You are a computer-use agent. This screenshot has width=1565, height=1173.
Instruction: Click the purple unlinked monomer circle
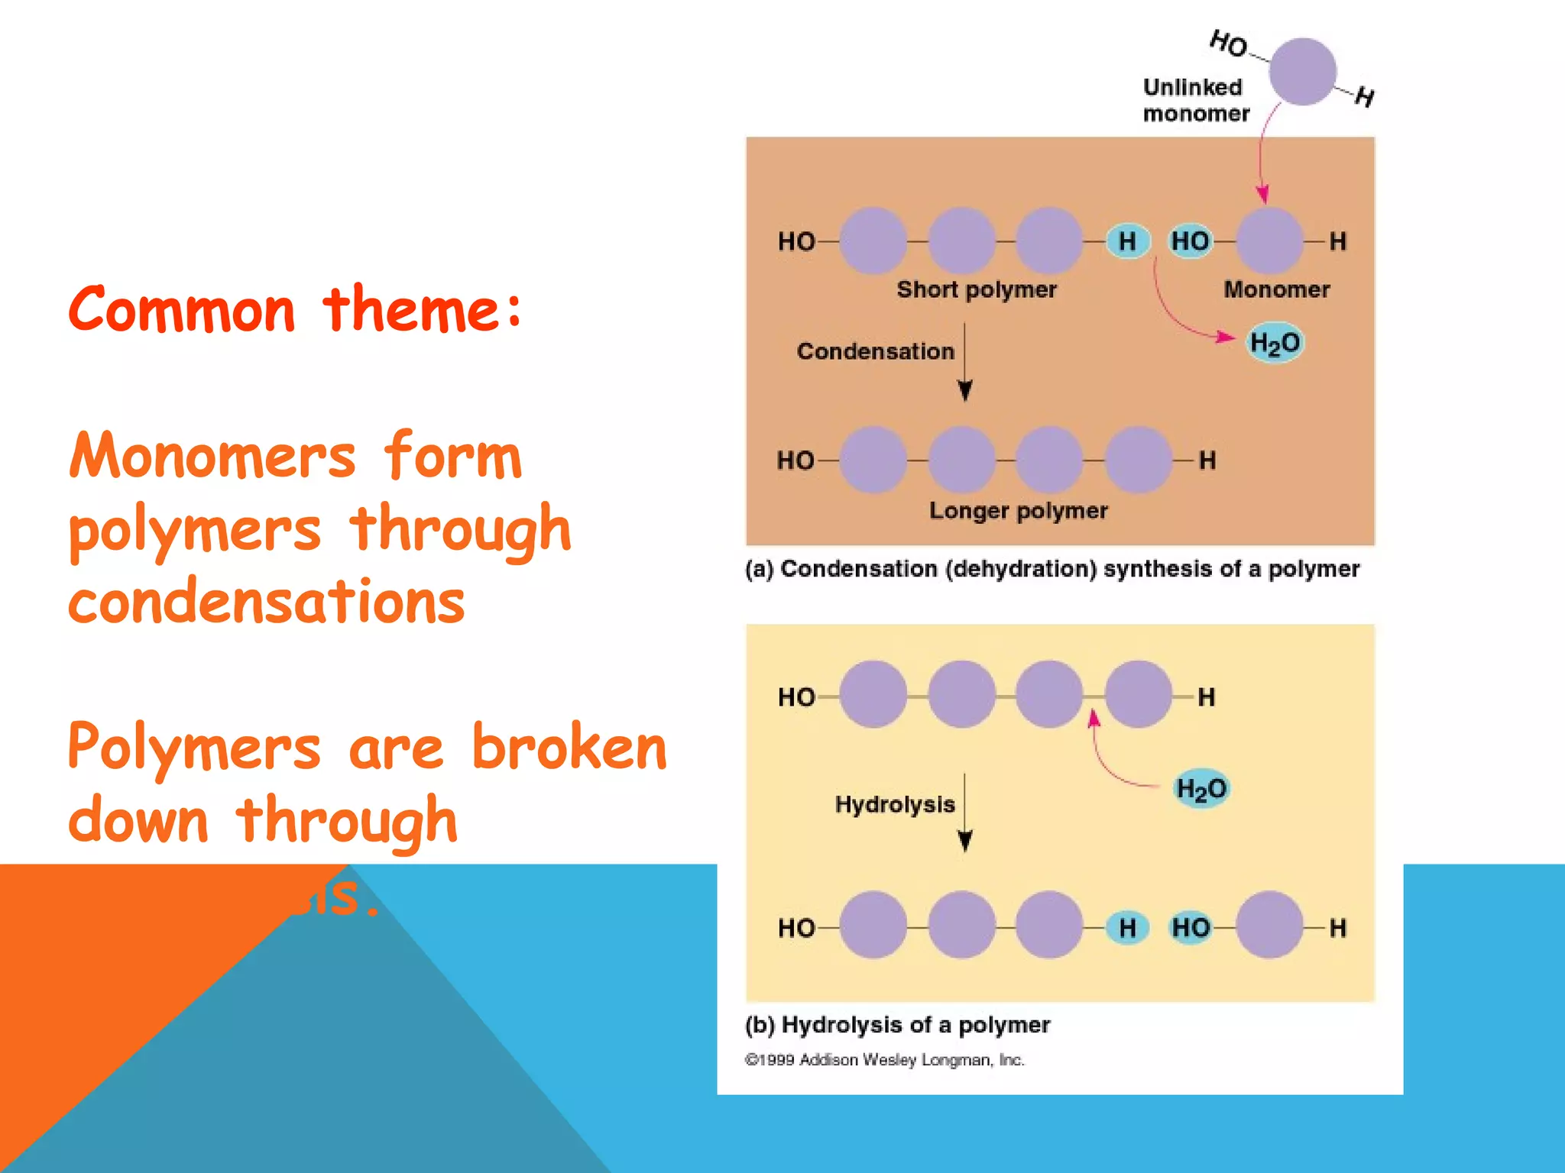1302,72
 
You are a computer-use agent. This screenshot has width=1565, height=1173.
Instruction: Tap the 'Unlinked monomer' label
1195,100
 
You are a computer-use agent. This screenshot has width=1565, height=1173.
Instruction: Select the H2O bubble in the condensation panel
1274,344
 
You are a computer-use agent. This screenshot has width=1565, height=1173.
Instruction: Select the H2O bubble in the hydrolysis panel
1200,788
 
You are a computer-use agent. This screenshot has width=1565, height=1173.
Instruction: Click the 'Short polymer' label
976,289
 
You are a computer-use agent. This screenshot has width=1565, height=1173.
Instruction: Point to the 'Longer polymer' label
1018,510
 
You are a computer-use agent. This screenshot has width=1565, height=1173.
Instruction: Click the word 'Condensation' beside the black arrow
875,351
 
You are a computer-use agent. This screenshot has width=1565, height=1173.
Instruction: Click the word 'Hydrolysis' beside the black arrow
894,804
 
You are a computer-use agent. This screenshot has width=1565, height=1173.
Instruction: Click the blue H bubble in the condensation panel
1127,241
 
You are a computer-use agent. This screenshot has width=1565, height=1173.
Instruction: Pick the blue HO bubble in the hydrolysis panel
1191,928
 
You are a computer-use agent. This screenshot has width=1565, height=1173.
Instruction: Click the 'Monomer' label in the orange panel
1276,289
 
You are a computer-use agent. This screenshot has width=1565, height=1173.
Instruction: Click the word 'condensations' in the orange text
266,601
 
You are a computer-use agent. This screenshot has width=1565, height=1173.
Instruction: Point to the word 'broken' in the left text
569,747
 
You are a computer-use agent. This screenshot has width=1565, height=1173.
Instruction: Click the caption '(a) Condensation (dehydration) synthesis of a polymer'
1051,569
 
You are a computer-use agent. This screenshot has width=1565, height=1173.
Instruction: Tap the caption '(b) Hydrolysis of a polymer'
897,1025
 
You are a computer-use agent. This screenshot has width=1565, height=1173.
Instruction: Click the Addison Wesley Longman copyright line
884,1060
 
